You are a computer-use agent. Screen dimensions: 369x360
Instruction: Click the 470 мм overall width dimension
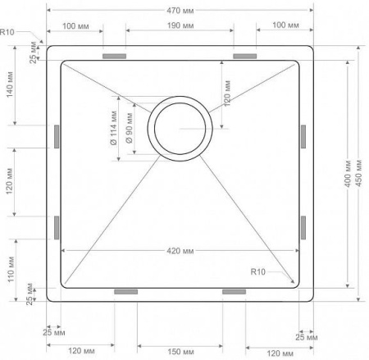180,11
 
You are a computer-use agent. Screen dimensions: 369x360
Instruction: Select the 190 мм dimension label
180,25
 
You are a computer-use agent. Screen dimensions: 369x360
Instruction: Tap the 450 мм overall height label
359,173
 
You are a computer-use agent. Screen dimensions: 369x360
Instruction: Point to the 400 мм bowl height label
348,174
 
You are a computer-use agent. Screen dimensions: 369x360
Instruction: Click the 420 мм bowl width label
180,251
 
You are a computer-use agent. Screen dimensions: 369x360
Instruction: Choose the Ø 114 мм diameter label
113,128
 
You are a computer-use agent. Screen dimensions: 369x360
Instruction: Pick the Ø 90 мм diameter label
129,128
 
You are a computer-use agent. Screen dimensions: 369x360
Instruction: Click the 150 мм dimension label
180,352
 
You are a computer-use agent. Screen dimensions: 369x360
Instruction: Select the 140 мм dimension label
10,84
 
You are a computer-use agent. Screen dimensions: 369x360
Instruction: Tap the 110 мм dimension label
11,270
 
